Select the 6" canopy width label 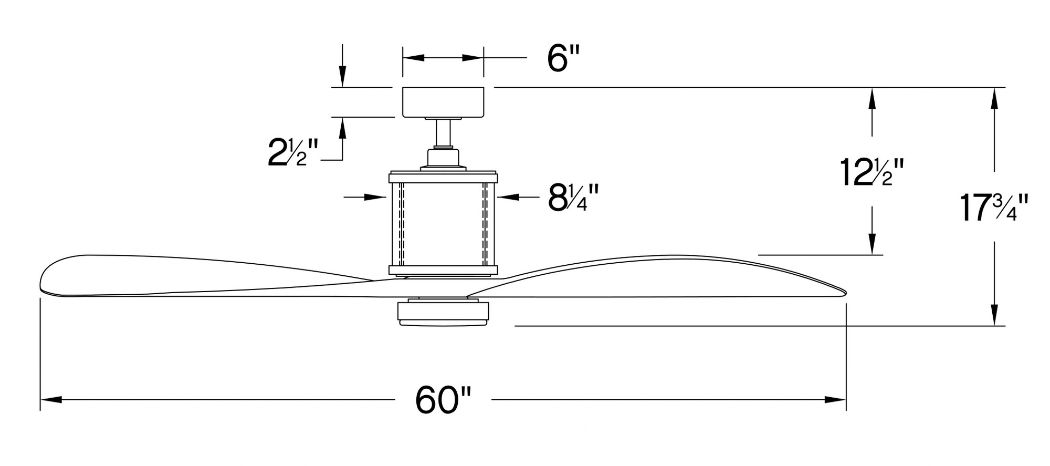click(x=563, y=58)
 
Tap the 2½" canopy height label click(x=292, y=152)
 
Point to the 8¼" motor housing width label click(x=573, y=198)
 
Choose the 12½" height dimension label click(x=872, y=172)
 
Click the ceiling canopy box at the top click(x=443, y=102)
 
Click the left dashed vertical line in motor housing click(x=402, y=224)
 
